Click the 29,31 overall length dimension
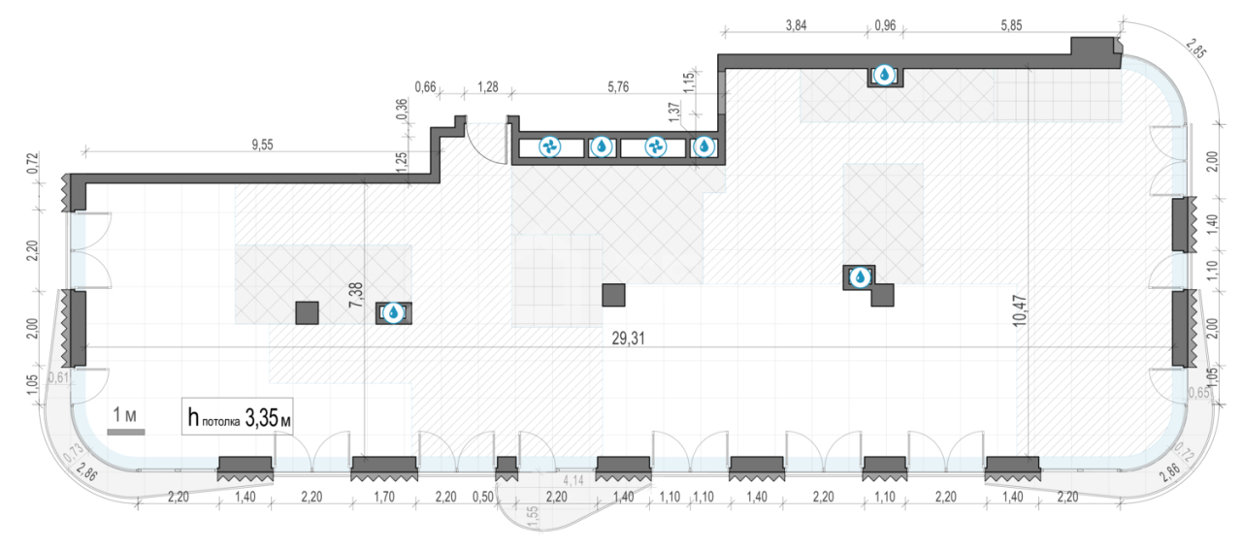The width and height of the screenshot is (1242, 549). point(628,339)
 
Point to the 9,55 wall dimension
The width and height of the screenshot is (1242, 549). point(262,145)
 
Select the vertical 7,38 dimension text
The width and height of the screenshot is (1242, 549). point(355,295)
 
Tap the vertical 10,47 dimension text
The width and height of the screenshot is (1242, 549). point(1020,310)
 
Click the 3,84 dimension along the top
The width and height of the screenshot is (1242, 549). point(797,25)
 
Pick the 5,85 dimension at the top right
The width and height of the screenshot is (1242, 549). point(1011,25)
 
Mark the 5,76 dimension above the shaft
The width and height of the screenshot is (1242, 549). point(618,87)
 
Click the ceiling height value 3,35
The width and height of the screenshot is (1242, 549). point(261,418)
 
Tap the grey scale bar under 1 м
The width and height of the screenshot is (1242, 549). point(126,432)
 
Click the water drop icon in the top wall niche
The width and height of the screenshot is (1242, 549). point(884,75)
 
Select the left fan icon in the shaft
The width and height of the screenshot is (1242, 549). point(550,147)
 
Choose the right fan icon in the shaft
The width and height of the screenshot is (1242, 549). point(655,147)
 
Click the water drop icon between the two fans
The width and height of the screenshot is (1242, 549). point(602,147)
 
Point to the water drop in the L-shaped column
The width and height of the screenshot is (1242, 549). point(860,276)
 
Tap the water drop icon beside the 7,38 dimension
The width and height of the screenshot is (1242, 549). point(393,312)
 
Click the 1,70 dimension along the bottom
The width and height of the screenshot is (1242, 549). point(384,497)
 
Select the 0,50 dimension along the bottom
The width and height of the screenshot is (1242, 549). point(483,497)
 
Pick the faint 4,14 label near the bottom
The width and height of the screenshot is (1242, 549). point(573,480)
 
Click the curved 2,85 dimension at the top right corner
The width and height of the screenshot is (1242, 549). point(1196,48)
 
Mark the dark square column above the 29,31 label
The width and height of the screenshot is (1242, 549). point(613,295)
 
